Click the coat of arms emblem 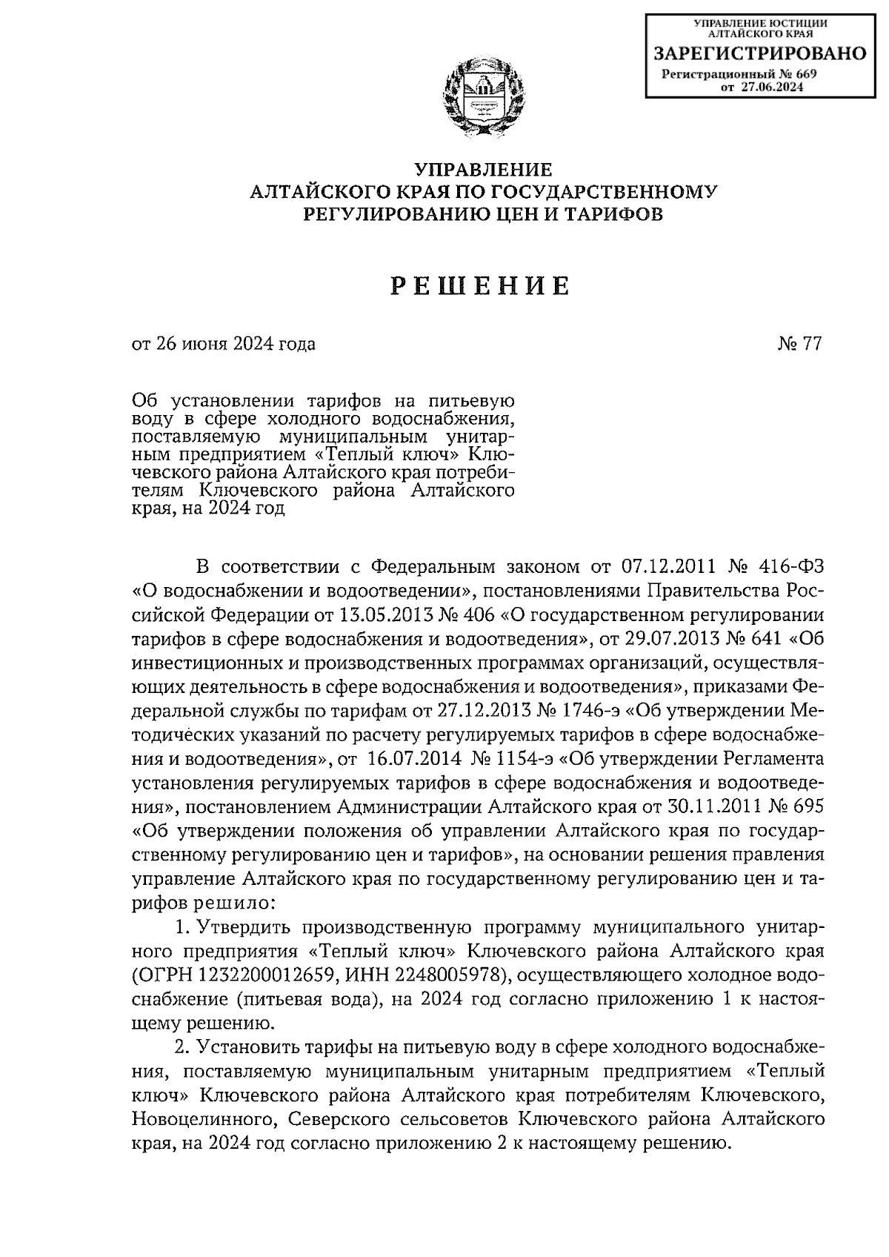click(x=483, y=97)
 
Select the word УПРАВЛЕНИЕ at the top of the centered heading click(x=482, y=169)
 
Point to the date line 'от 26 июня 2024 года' click(x=223, y=344)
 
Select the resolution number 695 click(x=807, y=808)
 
